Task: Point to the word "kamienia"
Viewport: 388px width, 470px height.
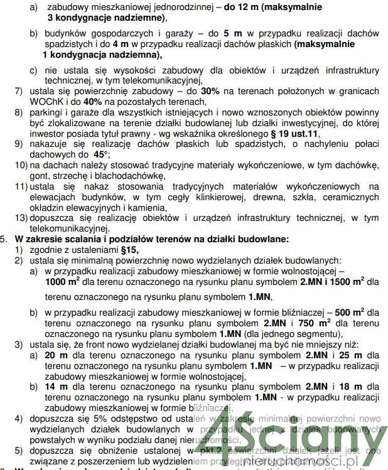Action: pos(148,207)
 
